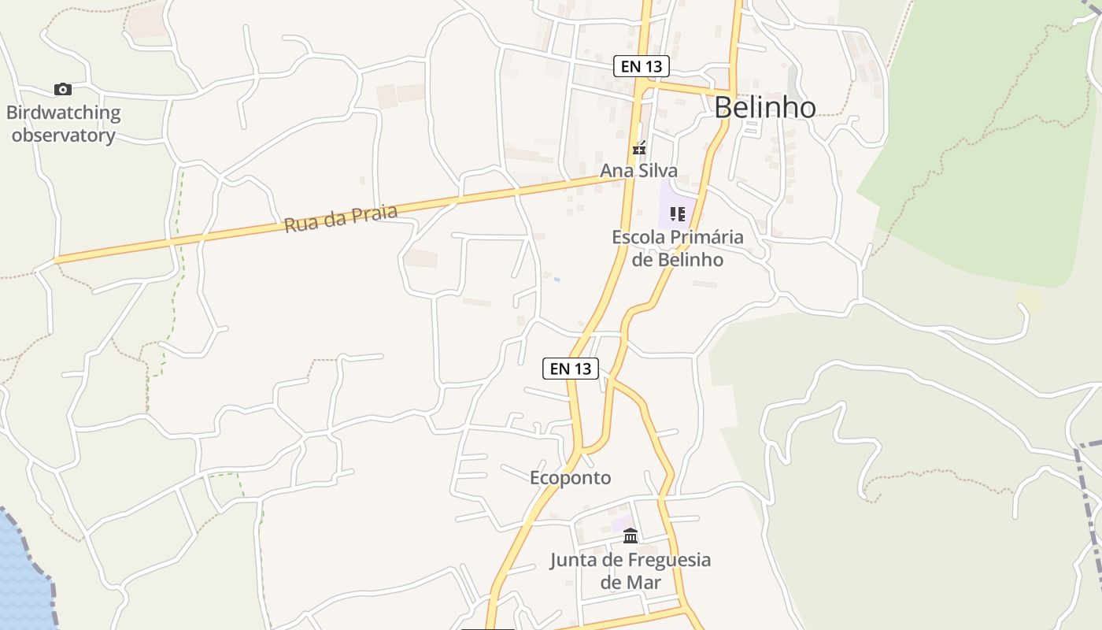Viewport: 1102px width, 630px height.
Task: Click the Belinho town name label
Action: tap(765, 107)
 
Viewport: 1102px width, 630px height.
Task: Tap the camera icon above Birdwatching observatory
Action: tap(63, 89)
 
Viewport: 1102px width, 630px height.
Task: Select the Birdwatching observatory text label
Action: tap(64, 124)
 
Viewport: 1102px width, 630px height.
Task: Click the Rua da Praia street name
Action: tap(340, 218)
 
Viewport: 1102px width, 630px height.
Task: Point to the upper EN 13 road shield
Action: tap(641, 67)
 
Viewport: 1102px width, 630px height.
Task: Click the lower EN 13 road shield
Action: tap(571, 368)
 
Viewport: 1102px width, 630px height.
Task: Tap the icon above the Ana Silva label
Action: tap(639, 147)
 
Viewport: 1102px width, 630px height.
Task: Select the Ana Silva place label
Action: tap(638, 171)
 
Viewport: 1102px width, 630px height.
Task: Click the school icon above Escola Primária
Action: tap(678, 213)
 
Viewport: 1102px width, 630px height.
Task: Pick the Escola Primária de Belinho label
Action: tap(678, 248)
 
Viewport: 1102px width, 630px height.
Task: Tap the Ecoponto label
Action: tap(570, 478)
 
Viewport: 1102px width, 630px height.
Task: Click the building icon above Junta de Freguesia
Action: tap(631, 536)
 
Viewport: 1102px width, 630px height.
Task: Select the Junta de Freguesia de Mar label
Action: tap(630, 571)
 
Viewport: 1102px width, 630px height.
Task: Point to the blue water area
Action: tap(20, 575)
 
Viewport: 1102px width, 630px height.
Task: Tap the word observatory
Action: tap(64, 135)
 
